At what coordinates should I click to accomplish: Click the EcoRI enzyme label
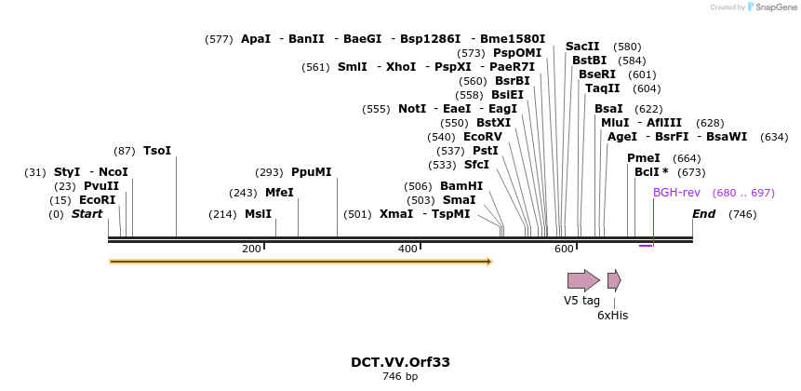pos(97,200)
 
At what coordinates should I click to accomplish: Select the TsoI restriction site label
pos(157,151)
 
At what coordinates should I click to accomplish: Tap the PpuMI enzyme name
pos(311,172)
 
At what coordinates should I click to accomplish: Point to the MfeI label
pos(279,193)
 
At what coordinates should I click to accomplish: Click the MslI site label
pos(258,214)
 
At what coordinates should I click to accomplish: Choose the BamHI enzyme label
pos(461,186)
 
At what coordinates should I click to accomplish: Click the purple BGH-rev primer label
pos(676,193)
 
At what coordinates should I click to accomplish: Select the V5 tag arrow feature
pos(583,279)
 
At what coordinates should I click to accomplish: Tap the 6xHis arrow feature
pos(613,279)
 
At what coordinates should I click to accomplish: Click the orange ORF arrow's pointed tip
pos(489,262)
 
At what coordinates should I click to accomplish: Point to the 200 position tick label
pos(251,249)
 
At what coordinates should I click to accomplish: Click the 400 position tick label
pos(407,249)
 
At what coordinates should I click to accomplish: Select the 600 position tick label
pos(564,249)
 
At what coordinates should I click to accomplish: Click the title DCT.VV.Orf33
pos(400,362)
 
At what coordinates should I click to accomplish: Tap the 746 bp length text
pos(400,377)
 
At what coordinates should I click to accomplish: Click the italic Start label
pos(87,214)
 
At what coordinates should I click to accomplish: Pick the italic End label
pos(704,214)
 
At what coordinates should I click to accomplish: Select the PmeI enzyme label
pos(644,158)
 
